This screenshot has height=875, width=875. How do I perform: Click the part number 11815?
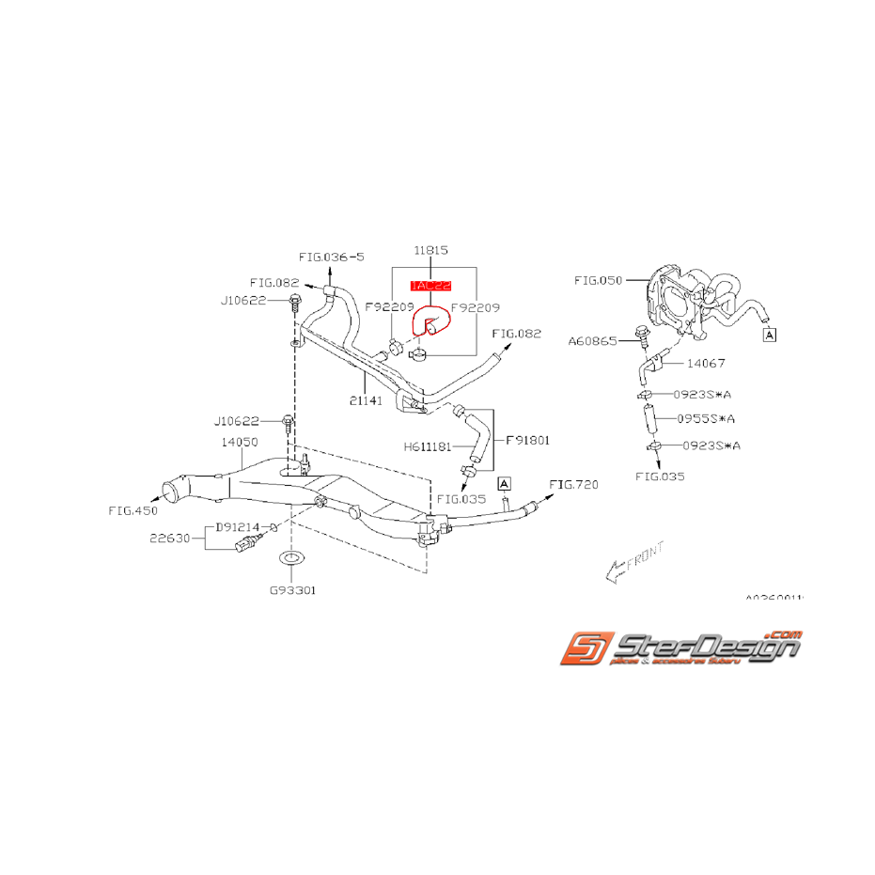tap(430, 251)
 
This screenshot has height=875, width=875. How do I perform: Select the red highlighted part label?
tap(430, 285)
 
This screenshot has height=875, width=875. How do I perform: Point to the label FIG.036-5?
tap(332, 257)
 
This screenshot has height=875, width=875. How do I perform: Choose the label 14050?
tap(240, 440)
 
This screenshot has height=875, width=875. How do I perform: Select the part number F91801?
tap(527, 439)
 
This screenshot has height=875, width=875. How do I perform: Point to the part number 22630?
tap(168, 539)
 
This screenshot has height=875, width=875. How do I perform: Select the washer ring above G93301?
tap(291, 560)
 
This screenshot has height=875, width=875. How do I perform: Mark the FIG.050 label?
tap(597, 280)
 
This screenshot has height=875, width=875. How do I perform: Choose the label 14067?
tap(705, 362)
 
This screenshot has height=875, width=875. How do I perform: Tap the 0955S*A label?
tap(707, 419)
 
